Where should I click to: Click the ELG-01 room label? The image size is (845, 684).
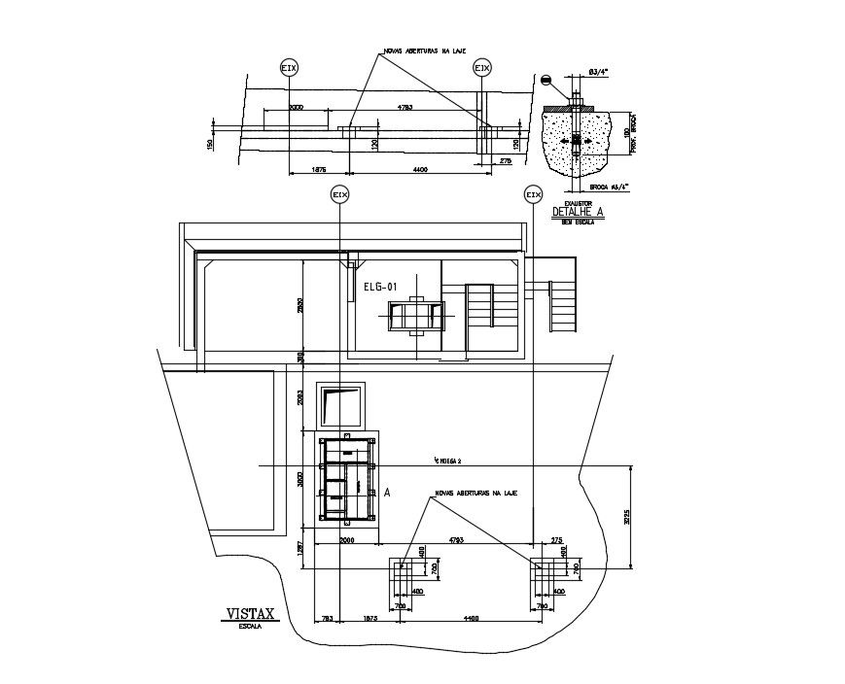tap(379, 287)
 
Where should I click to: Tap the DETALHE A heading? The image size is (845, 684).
tap(578, 212)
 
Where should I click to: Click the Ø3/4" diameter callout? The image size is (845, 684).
tap(599, 71)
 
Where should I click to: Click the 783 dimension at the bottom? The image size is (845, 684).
tap(327, 618)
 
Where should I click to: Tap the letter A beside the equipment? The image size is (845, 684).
tap(387, 493)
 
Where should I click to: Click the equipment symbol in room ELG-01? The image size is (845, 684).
tap(415, 316)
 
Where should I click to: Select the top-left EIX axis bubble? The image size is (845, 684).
tap(289, 68)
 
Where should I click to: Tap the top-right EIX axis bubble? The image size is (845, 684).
tap(481, 68)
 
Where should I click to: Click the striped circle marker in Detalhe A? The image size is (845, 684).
tap(547, 81)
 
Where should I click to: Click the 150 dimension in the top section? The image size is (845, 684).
tap(210, 144)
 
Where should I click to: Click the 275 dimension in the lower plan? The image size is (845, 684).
tap(556, 538)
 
